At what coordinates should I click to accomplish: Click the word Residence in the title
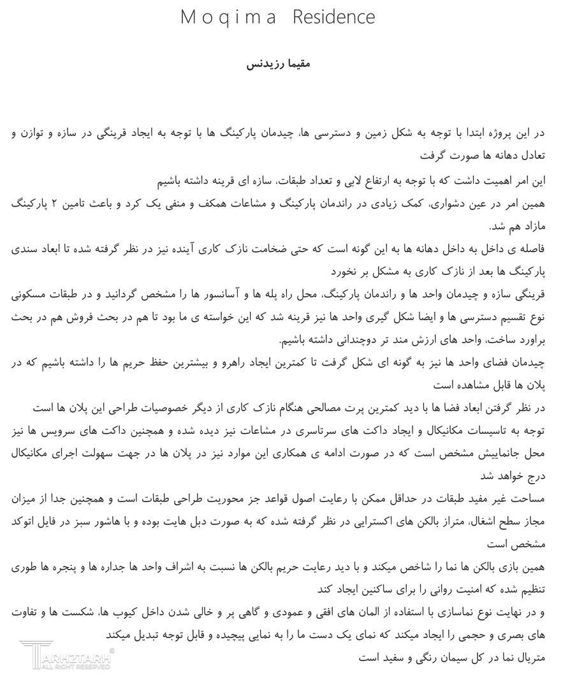coord(333,17)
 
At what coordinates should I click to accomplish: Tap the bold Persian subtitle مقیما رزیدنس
coord(279,64)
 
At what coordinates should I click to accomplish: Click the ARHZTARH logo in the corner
coord(67,655)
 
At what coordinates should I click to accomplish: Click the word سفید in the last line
coord(374,656)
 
